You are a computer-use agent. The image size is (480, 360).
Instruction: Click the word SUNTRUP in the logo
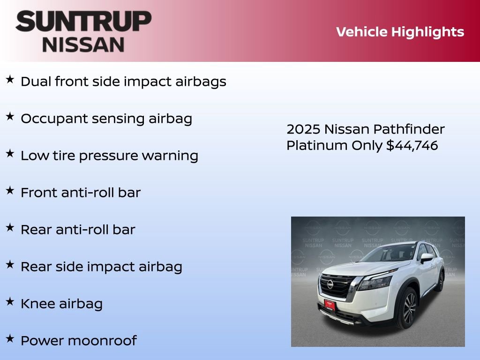point(83,22)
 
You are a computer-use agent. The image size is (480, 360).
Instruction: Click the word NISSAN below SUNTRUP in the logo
point(83,44)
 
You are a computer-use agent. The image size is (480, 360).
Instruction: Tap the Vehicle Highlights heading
point(400,32)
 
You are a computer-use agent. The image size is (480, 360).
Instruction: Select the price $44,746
point(412,146)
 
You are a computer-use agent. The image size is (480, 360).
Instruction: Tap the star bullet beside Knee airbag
point(10,301)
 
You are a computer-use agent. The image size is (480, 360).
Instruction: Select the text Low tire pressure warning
point(109,156)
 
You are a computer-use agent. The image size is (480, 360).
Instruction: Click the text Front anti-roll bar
point(80,193)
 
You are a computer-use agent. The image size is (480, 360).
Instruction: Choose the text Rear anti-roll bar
point(78,230)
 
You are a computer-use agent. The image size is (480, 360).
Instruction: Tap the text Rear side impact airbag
point(101,267)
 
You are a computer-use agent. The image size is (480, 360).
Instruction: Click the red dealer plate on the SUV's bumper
point(330,304)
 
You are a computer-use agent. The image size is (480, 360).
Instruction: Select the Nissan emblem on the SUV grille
point(330,284)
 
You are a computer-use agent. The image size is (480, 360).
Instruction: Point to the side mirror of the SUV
point(426,257)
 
